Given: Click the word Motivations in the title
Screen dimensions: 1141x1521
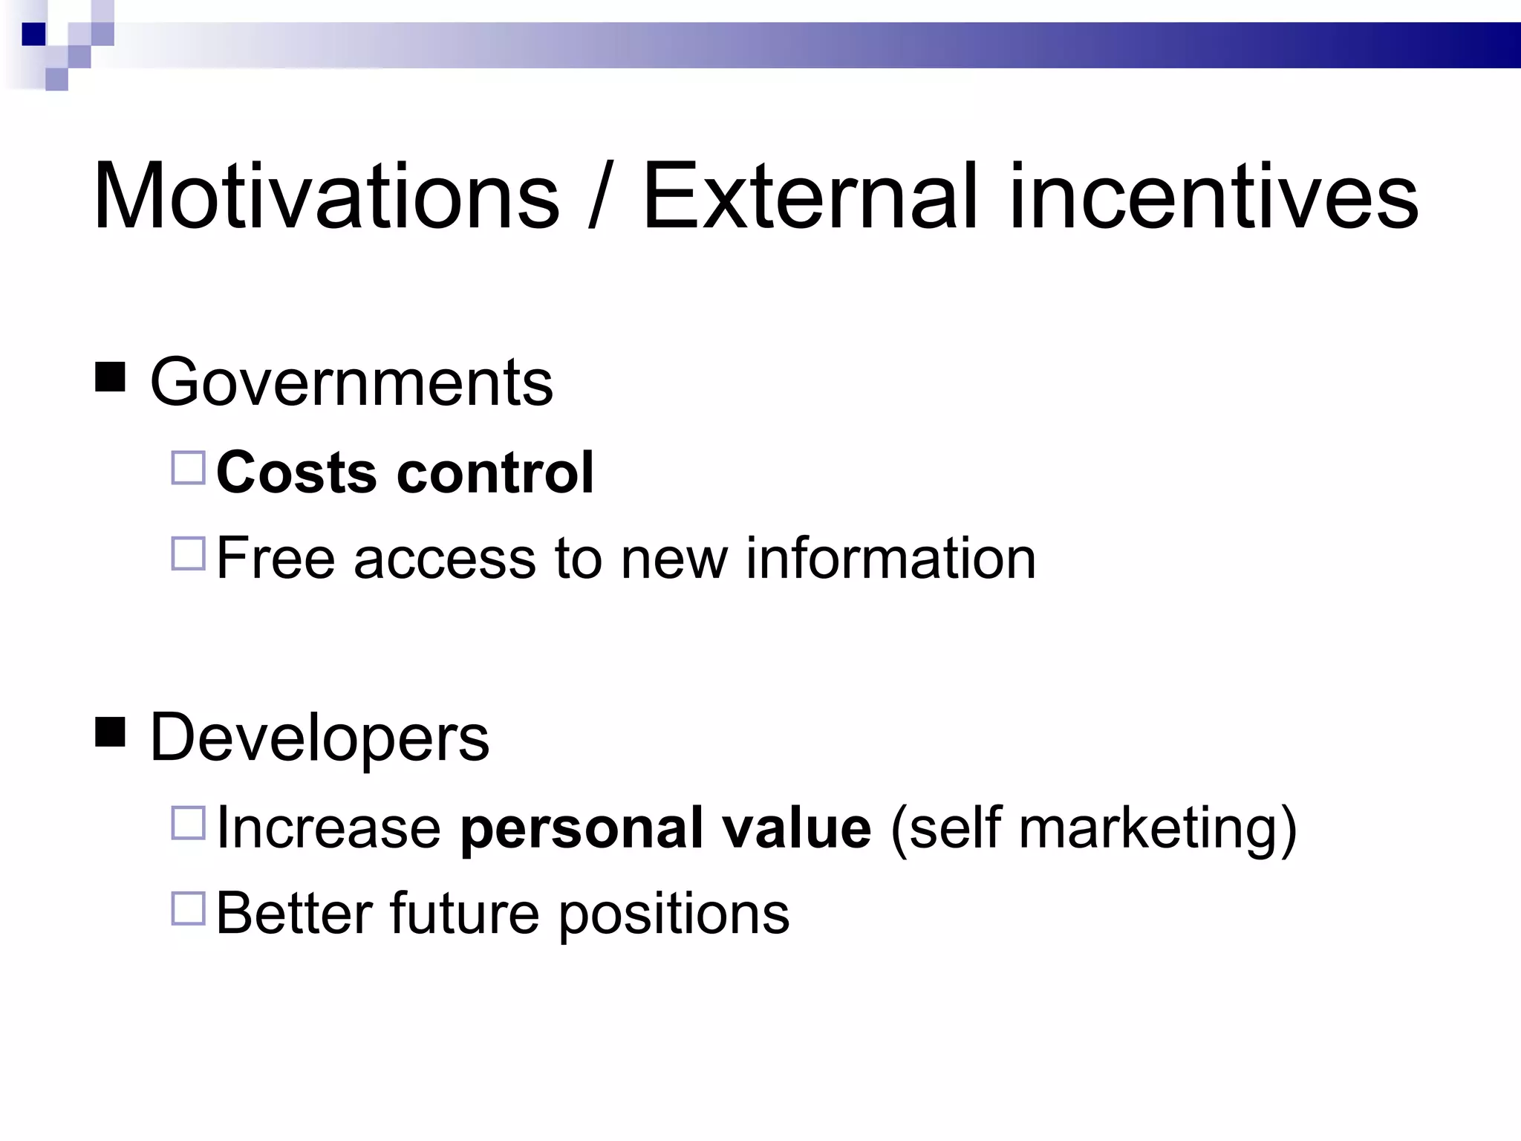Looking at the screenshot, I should point(325,197).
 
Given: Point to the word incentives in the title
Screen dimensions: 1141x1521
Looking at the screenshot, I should point(1213,197).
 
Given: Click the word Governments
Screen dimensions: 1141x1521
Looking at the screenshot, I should point(351,383).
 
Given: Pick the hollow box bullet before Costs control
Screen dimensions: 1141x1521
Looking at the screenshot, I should point(188,468).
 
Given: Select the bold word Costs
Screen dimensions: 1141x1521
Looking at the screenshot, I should point(296,472).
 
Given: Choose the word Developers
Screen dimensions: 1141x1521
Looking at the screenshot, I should point(319,738).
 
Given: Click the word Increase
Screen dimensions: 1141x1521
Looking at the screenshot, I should point(328,828).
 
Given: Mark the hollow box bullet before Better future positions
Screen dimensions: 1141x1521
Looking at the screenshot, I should point(188,908).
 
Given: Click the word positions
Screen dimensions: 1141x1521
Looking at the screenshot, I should point(674,914).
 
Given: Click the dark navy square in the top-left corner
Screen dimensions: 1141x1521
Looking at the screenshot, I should point(34,34).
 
